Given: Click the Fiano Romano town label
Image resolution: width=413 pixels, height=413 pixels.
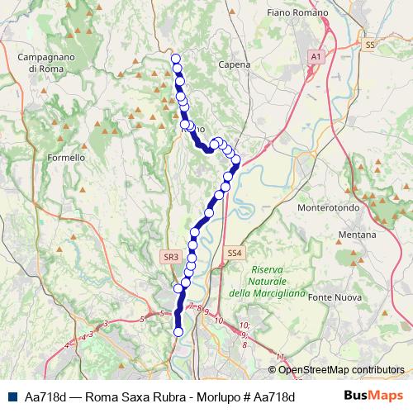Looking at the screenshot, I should click(298, 13).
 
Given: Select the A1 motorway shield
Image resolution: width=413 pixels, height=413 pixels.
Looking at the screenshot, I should click(315, 55).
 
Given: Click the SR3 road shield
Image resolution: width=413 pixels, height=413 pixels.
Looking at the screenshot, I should click(171, 258).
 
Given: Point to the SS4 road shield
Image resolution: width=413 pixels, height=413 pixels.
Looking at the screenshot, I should click(235, 254).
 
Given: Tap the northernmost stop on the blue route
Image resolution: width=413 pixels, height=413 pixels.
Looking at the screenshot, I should click(175, 58).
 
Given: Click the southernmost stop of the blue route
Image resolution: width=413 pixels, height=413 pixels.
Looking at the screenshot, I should click(178, 332).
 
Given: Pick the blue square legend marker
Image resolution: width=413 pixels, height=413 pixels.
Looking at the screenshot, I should click(13, 396).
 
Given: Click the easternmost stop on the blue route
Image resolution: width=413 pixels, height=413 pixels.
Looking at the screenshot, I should click(236, 159).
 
